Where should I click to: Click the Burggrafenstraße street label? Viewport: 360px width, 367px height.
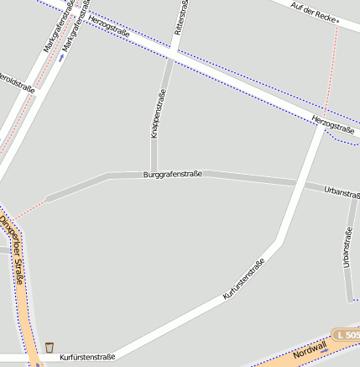coord(173,175)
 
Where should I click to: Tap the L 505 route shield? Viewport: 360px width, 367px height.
coord(347,335)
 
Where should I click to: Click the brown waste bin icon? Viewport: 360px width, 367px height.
coord(50,347)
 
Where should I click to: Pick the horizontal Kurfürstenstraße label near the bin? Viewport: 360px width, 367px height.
coord(87,357)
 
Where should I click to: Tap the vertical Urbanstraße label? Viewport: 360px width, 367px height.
coord(347,248)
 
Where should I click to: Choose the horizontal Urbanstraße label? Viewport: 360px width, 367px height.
coord(342,192)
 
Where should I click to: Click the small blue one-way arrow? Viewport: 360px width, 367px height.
coord(60,58)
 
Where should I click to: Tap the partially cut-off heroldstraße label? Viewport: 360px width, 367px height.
coord(17,87)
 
